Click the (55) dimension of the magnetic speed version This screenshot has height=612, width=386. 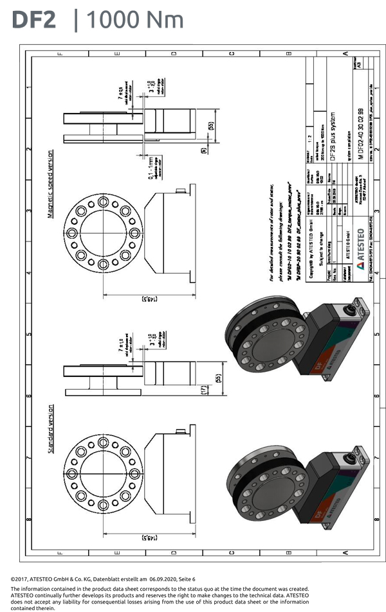point(210,126)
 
